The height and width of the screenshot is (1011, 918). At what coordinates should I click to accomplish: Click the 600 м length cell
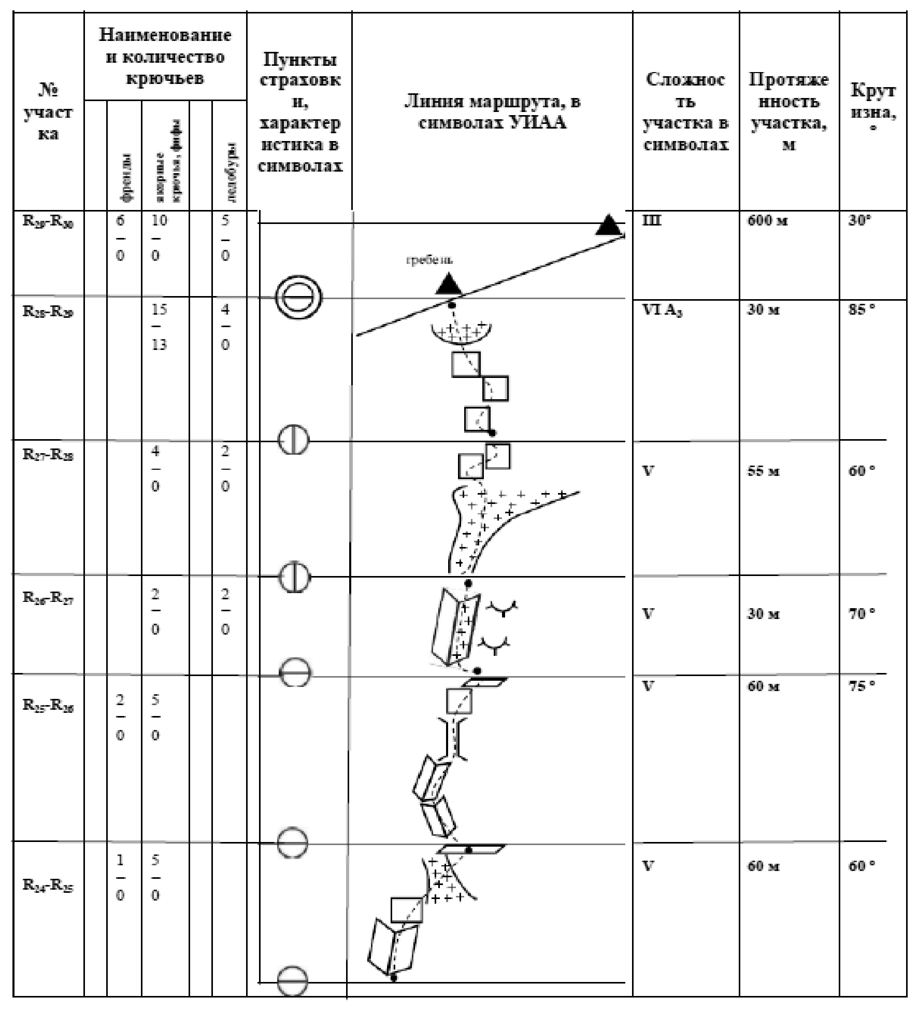(x=767, y=221)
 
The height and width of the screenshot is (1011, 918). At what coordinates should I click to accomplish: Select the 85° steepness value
(x=862, y=310)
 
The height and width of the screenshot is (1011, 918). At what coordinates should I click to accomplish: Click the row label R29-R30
(x=48, y=222)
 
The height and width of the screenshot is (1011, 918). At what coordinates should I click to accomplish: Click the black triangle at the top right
(x=609, y=225)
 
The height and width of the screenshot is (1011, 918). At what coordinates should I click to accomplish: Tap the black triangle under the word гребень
(x=448, y=284)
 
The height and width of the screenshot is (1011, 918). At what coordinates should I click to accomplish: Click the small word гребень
(x=429, y=260)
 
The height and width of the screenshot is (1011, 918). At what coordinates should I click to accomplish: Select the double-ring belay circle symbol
(x=299, y=298)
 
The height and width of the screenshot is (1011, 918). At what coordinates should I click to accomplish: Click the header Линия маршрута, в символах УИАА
(x=492, y=112)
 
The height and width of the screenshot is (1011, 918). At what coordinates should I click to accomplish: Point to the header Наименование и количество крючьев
(x=165, y=57)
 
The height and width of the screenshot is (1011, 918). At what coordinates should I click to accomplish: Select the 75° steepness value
(x=862, y=686)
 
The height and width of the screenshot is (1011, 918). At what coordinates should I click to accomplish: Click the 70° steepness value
(x=862, y=614)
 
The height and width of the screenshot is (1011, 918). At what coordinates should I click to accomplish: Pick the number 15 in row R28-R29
(x=159, y=310)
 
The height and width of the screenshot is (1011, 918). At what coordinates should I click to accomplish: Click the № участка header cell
(x=48, y=112)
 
